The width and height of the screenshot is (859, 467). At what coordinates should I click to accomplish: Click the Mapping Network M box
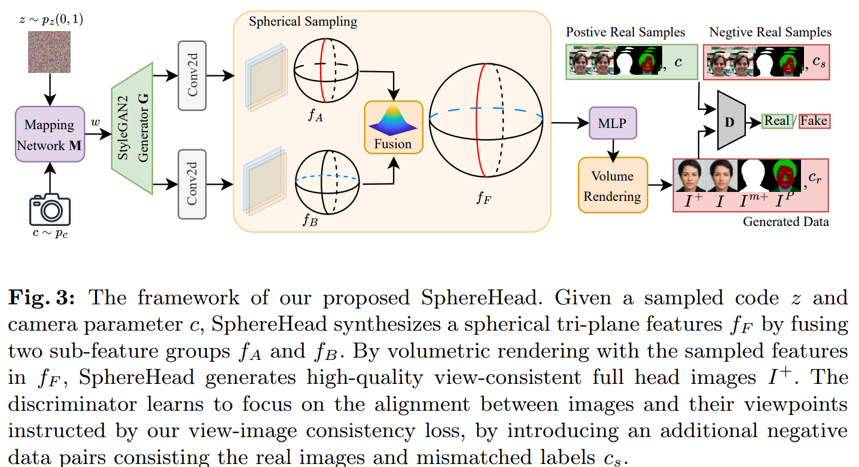click(x=50, y=135)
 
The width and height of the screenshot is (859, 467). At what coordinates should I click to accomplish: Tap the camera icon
click(x=50, y=209)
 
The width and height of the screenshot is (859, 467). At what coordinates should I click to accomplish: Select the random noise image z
click(x=50, y=53)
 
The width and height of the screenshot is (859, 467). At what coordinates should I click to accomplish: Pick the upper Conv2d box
click(x=191, y=75)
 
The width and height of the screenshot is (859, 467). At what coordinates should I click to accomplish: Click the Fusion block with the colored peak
click(x=393, y=127)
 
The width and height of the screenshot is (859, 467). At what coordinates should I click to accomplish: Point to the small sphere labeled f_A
click(x=325, y=70)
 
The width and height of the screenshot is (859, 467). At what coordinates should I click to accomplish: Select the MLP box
click(x=612, y=124)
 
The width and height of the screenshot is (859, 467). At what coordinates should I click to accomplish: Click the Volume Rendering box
click(x=612, y=185)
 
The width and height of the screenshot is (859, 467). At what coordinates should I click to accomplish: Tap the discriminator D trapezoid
click(x=729, y=121)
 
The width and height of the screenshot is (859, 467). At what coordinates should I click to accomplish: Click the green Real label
click(x=777, y=121)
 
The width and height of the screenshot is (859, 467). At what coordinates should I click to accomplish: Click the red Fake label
click(x=814, y=121)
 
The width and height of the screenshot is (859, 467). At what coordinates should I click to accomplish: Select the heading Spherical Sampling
click(x=303, y=22)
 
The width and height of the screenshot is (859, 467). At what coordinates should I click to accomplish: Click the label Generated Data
click(x=785, y=222)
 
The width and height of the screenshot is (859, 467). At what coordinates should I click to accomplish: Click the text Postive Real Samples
click(x=625, y=32)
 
